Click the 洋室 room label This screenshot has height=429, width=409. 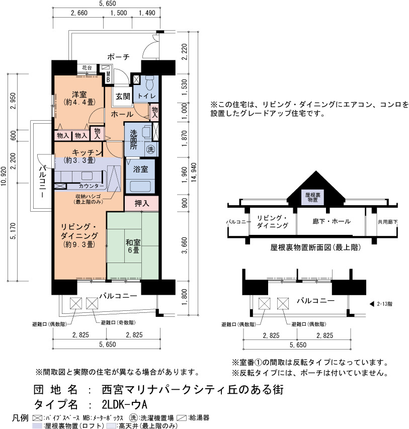coord(79,95)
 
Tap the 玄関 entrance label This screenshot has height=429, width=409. coord(123,96)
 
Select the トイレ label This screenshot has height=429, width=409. coord(147,96)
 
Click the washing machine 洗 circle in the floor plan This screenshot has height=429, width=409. coord(150,149)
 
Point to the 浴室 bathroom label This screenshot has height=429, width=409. coord(140,169)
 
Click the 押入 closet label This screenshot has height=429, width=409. coord(142,203)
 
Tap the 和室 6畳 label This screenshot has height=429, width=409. coord(133,246)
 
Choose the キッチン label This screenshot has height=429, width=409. coord(88,152)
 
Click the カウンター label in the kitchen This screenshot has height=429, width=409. coord(92,186)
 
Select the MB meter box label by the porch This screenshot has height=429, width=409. coord(108,77)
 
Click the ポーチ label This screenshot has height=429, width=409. coord(118,57)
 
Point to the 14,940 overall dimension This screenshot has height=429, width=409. coord(194,173)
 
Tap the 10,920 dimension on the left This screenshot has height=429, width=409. coord(4,177)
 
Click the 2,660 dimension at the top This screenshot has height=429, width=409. coord(79,13)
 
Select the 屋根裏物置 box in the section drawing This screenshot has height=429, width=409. coord(312,197)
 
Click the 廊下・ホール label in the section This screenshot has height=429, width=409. coord(332,221)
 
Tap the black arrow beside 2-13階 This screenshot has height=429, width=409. coord(372,304)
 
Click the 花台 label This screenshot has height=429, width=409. coord(87,67)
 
